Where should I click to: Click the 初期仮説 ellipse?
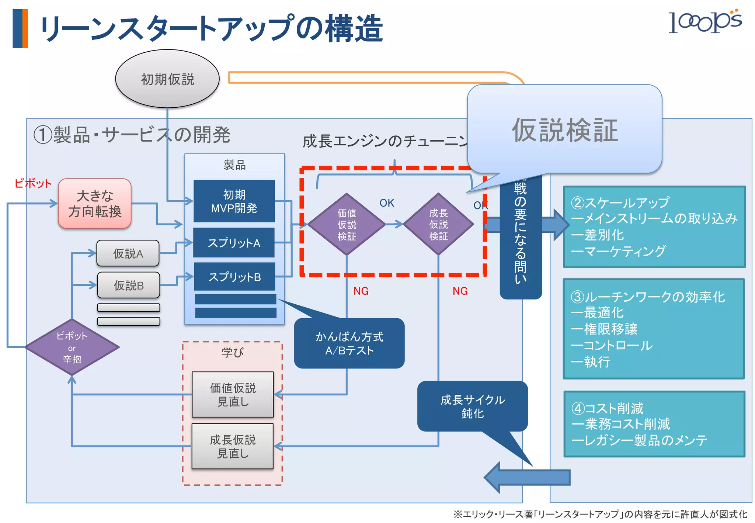167,79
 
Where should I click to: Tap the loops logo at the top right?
704,22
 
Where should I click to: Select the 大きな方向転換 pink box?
95,204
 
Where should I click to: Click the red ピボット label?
33,183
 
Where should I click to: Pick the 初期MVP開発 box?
234,201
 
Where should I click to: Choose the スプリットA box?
234,243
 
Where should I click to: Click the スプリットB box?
234,277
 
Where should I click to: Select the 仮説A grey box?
128,253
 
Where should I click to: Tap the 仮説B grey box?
129,285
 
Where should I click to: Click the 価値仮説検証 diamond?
347,224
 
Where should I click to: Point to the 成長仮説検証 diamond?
438,224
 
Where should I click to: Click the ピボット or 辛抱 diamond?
72,347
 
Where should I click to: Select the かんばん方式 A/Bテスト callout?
349,343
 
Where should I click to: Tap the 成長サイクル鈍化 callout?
472,406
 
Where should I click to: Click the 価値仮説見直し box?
233,395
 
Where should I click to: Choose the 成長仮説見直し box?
233,446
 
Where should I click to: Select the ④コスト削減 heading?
607,408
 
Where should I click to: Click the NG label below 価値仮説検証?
361,291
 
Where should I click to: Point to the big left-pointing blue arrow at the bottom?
527,477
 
